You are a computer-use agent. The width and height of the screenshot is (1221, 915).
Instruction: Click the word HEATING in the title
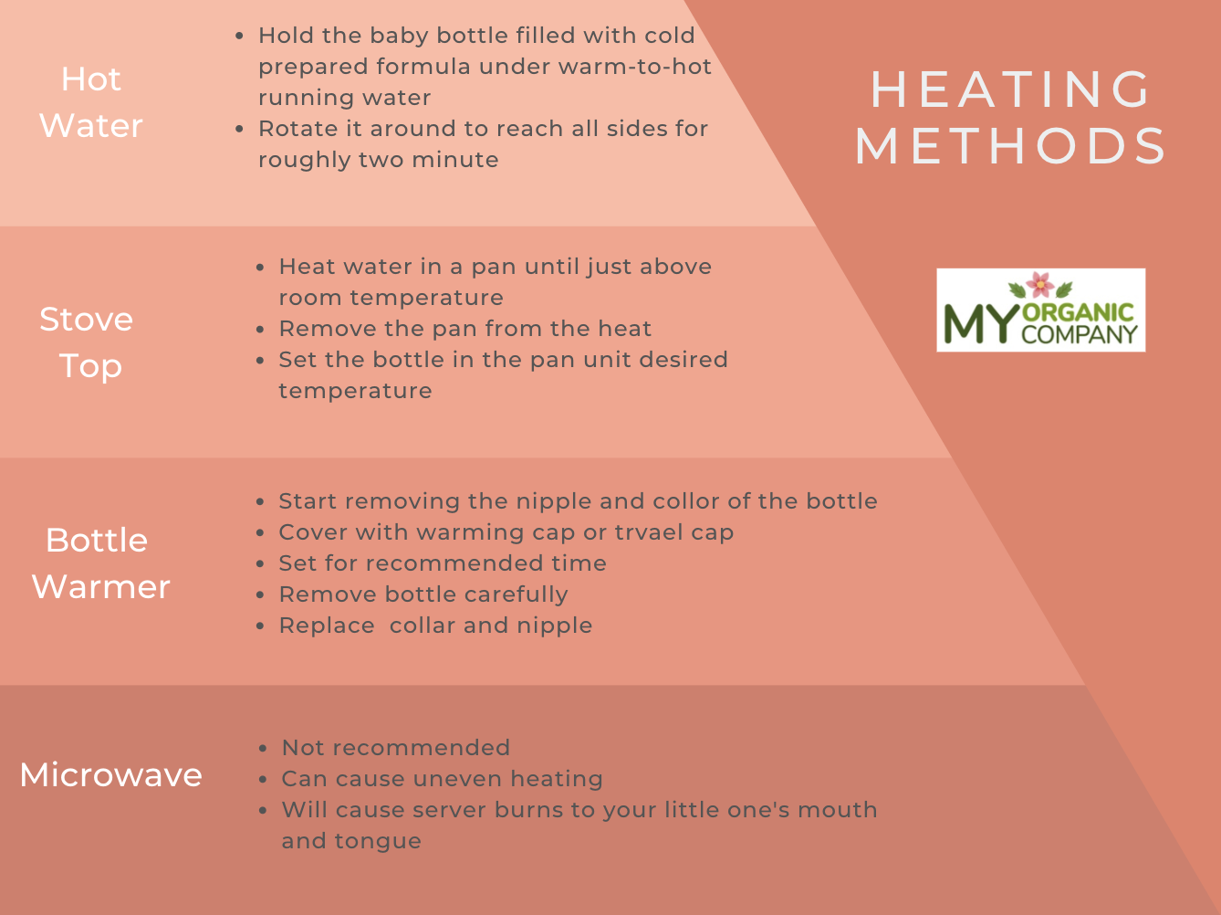click(x=1010, y=89)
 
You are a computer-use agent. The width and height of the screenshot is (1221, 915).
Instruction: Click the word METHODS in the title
click(x=1010, y=146)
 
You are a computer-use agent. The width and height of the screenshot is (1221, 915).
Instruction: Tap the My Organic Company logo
click(x=1041, y=310)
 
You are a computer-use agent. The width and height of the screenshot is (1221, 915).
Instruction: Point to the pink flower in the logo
click(x=1040, y=284)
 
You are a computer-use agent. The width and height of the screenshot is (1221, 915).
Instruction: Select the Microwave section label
click(x=110, y=774)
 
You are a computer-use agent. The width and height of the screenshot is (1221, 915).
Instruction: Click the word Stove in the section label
click(x=86, y=320)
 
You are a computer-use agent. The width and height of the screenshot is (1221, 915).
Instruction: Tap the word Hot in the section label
click(x=90, y=79)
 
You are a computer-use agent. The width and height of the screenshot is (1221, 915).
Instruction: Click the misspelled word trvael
click(x=648, y=532)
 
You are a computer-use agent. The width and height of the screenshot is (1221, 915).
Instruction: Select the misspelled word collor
click(x=686, y=501)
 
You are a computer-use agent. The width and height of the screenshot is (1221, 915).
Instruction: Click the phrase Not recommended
click(x=396, y=748)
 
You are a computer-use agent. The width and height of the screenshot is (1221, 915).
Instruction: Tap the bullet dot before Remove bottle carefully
click(x=260, y=595)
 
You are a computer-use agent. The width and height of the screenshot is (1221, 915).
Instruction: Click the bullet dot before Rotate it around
click(x=239, y=129)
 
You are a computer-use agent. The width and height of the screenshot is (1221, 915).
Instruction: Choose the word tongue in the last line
click(x=378, y=842)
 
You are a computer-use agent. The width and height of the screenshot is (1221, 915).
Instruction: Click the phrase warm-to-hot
click(x=635, y=67)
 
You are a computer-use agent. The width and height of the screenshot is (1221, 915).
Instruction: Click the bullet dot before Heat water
click(x=260, y=268)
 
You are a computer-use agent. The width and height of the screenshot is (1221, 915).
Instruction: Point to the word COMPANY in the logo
click(x=1080, y=334)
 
